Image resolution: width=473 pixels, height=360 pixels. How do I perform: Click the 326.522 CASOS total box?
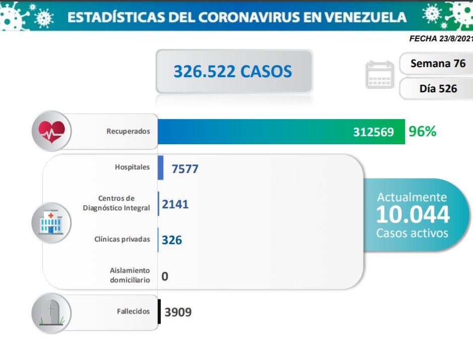[233, 71]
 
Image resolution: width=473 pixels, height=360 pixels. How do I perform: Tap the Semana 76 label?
[438, 64]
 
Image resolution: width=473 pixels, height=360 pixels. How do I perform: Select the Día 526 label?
[438, 89]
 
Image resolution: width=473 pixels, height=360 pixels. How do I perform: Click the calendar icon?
[379, 75]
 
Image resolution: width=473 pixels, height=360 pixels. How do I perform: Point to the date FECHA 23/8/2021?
[441, 38]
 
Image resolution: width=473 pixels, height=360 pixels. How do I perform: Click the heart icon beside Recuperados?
[51, 131]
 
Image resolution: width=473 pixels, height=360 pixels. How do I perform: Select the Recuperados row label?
[128, 131]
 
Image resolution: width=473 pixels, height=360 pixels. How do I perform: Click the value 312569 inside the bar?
[373, 132]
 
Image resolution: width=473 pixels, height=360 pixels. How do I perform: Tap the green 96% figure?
[423, 132]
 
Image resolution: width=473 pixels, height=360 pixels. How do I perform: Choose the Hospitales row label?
[132, 167]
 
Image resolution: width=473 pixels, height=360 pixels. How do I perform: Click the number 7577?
[185, 168]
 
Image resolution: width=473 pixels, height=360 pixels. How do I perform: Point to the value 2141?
[175, 204]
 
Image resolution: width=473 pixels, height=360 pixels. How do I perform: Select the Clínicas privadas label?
[122, 239]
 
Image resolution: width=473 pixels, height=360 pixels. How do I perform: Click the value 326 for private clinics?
[172, 240]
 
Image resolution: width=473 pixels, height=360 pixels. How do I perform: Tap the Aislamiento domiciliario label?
[129, 275]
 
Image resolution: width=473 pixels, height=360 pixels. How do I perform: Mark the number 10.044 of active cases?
[413, 215]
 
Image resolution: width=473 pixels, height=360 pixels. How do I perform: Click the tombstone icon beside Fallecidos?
[51, 313]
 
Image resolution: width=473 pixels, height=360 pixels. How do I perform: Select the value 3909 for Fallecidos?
[178, 312]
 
